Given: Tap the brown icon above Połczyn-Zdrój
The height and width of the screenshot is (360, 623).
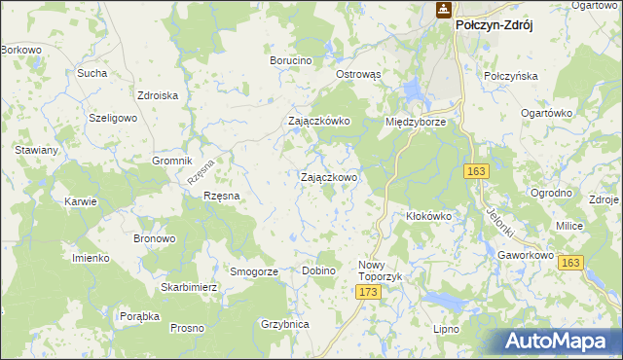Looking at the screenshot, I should pos(442,10).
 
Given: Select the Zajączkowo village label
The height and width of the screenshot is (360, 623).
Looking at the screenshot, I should pos(328,178).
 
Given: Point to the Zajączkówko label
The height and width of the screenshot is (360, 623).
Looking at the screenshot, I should pos(318,122).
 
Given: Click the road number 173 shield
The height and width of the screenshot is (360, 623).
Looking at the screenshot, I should pos(367,292).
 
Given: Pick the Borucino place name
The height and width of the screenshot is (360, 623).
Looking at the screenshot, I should pos(291,60).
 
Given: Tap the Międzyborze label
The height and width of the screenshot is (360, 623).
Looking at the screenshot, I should pos(416,122).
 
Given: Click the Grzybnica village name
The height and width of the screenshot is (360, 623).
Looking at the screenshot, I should pos(285,324).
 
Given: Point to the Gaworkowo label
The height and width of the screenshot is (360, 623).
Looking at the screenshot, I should pos(525,256).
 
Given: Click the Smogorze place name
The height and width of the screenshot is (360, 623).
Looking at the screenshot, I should pos(253,271).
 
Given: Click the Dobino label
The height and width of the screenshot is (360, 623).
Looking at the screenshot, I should pos(318,270).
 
